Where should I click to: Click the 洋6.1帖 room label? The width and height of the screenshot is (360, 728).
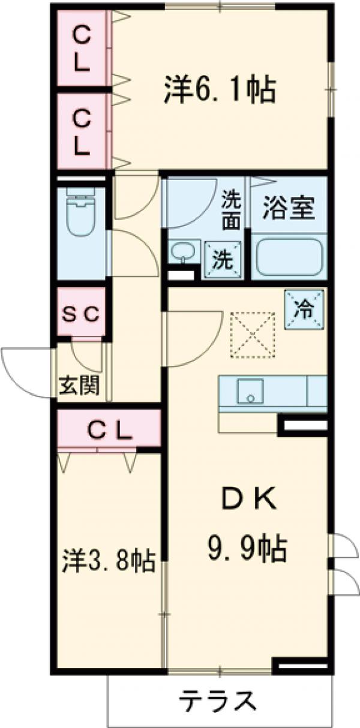(x=219, y=91)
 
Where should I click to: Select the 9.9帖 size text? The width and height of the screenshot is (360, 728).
(x=246, y=547)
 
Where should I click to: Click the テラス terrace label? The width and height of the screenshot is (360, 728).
(x=219, y=700)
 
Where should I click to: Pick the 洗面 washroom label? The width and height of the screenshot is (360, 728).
(x=231, y=209)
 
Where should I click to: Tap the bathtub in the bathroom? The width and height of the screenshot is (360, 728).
(x=290, y=258)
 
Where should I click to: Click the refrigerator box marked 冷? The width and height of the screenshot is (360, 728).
(x=304, y=308)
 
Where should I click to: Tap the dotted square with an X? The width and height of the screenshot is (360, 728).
(x=253, y=335)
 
